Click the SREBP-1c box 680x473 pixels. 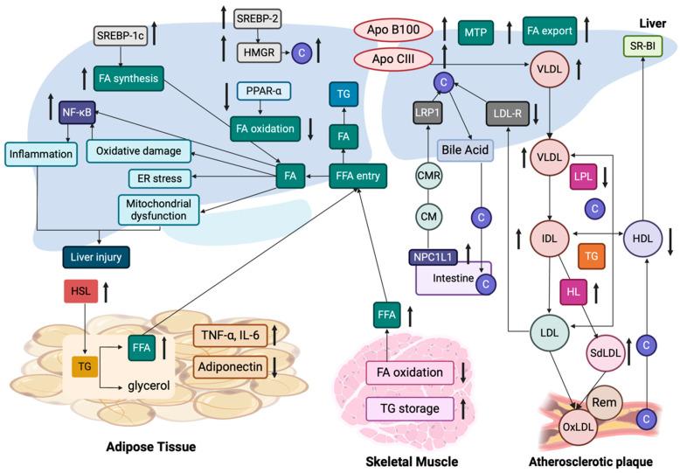tap(121, 36)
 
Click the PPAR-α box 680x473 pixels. tap(264, 91)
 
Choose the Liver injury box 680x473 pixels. tap(97, 257)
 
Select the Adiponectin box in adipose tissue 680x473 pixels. tap(230, 366)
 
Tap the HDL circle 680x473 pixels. tap(643, 237)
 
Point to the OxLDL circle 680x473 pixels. tap(579, 429)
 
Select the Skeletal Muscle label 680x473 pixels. tap(412, 460)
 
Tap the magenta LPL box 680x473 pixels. tap(584, 176)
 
